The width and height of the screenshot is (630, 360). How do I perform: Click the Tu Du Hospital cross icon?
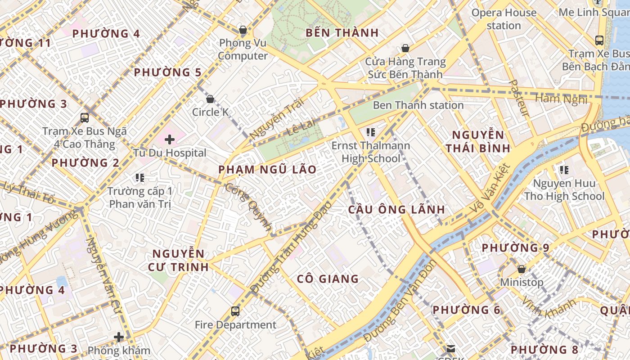tap(170, 139)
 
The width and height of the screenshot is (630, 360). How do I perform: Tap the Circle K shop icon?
tap(210, 99)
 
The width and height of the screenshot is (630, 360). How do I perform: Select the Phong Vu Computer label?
tap(243, 49)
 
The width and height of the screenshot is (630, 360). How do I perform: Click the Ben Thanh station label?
tap(418, 105)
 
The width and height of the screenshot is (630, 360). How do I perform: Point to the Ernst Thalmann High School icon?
tap(371, 132)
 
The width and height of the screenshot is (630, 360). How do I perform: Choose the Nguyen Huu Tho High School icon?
tap(564, 170)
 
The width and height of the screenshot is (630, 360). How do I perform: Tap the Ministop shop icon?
tap(522, 269)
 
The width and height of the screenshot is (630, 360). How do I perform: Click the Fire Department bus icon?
tap(235, 311)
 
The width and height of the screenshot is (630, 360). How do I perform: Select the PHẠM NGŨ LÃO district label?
tap(267, 170)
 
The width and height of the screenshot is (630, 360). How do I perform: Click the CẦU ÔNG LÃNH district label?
tap(396, 209)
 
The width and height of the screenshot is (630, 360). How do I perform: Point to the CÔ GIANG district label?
tap(328, 279)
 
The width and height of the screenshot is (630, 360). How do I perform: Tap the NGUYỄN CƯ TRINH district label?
tap(178, 260)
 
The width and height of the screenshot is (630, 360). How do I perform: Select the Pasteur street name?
tap(519, 99)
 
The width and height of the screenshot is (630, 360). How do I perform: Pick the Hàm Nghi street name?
tap(561, 99)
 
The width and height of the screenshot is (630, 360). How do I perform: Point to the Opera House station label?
tap(504, 19)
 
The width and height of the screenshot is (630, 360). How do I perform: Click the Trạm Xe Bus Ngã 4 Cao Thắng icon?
tap(85, 118)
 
